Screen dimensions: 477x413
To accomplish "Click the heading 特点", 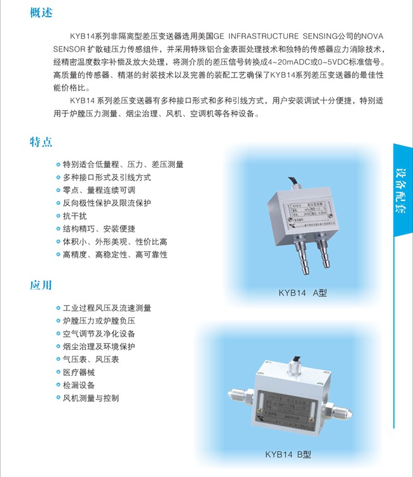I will click(41, 141).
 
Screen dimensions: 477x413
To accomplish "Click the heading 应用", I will click(41, 285).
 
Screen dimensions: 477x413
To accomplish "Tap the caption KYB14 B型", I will click(288, 454).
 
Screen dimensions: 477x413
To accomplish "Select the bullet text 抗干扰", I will click(78, 216).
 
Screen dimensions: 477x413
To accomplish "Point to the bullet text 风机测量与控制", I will click(90, 398).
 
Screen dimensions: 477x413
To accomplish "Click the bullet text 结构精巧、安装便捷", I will click(98, 229).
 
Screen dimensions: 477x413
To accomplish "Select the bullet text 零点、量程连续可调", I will click(98, 190).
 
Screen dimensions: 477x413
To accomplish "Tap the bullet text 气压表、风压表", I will click(90, 359).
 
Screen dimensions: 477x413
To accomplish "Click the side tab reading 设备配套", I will click(402, 191).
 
